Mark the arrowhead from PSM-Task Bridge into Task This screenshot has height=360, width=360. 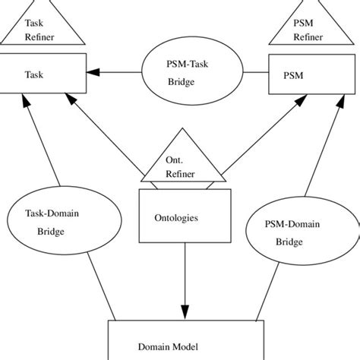point(93,73)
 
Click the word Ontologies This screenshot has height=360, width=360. point(176,217)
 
